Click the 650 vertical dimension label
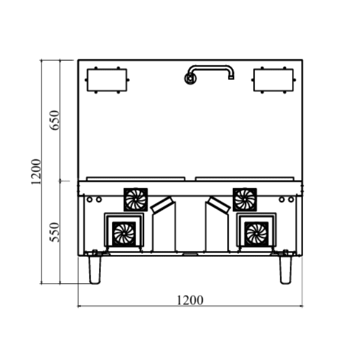click(x=55, y=121)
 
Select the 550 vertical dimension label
click(x=55, y=232)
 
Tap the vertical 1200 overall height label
click(x=36, y=172)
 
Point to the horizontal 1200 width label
click(x=190, y=300)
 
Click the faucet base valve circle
click(x=190, y=78)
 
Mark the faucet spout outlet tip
click(x=231, y=78)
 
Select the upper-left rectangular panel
click(x=107, y=80)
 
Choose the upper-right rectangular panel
click(x=274, y=80)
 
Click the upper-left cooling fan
click(x=136, y=200)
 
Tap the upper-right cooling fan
click(x=245, y=200)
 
